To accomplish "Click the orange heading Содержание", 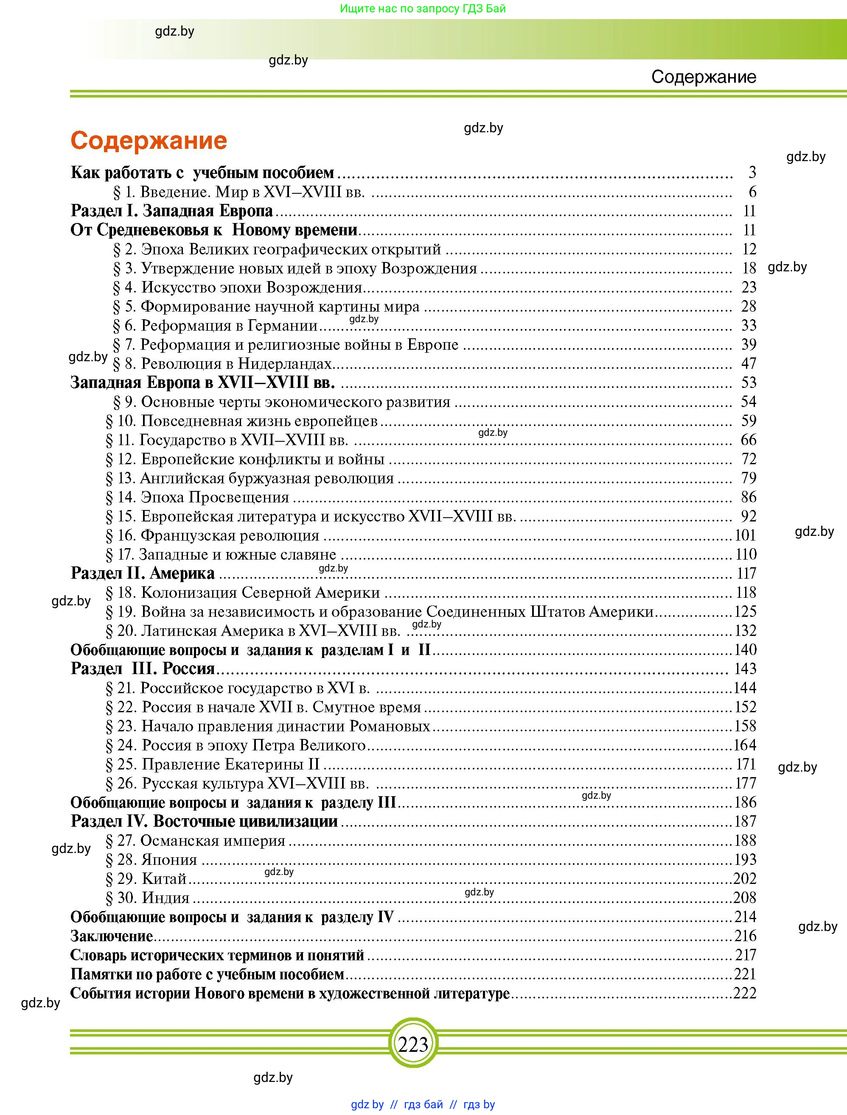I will click(149, 141).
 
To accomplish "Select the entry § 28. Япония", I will click(151, 859).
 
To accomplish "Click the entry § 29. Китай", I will click(146, 878).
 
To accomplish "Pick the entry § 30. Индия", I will click(148, 898).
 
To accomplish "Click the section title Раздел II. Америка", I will click(143, 573).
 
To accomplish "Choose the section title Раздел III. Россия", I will click(143, 669).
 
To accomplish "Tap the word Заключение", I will click(112, 936).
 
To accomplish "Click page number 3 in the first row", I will click(752, 173).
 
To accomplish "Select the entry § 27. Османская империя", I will click(195, 840).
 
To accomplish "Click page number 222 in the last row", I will click(745, 993).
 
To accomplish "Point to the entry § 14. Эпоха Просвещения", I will click(197, 497).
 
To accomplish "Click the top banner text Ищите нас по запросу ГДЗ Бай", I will click(423, 8).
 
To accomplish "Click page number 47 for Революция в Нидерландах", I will click(749, 363).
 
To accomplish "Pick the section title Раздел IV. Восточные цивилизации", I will click(204, 821).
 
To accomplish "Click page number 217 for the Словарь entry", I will click(745, 955).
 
